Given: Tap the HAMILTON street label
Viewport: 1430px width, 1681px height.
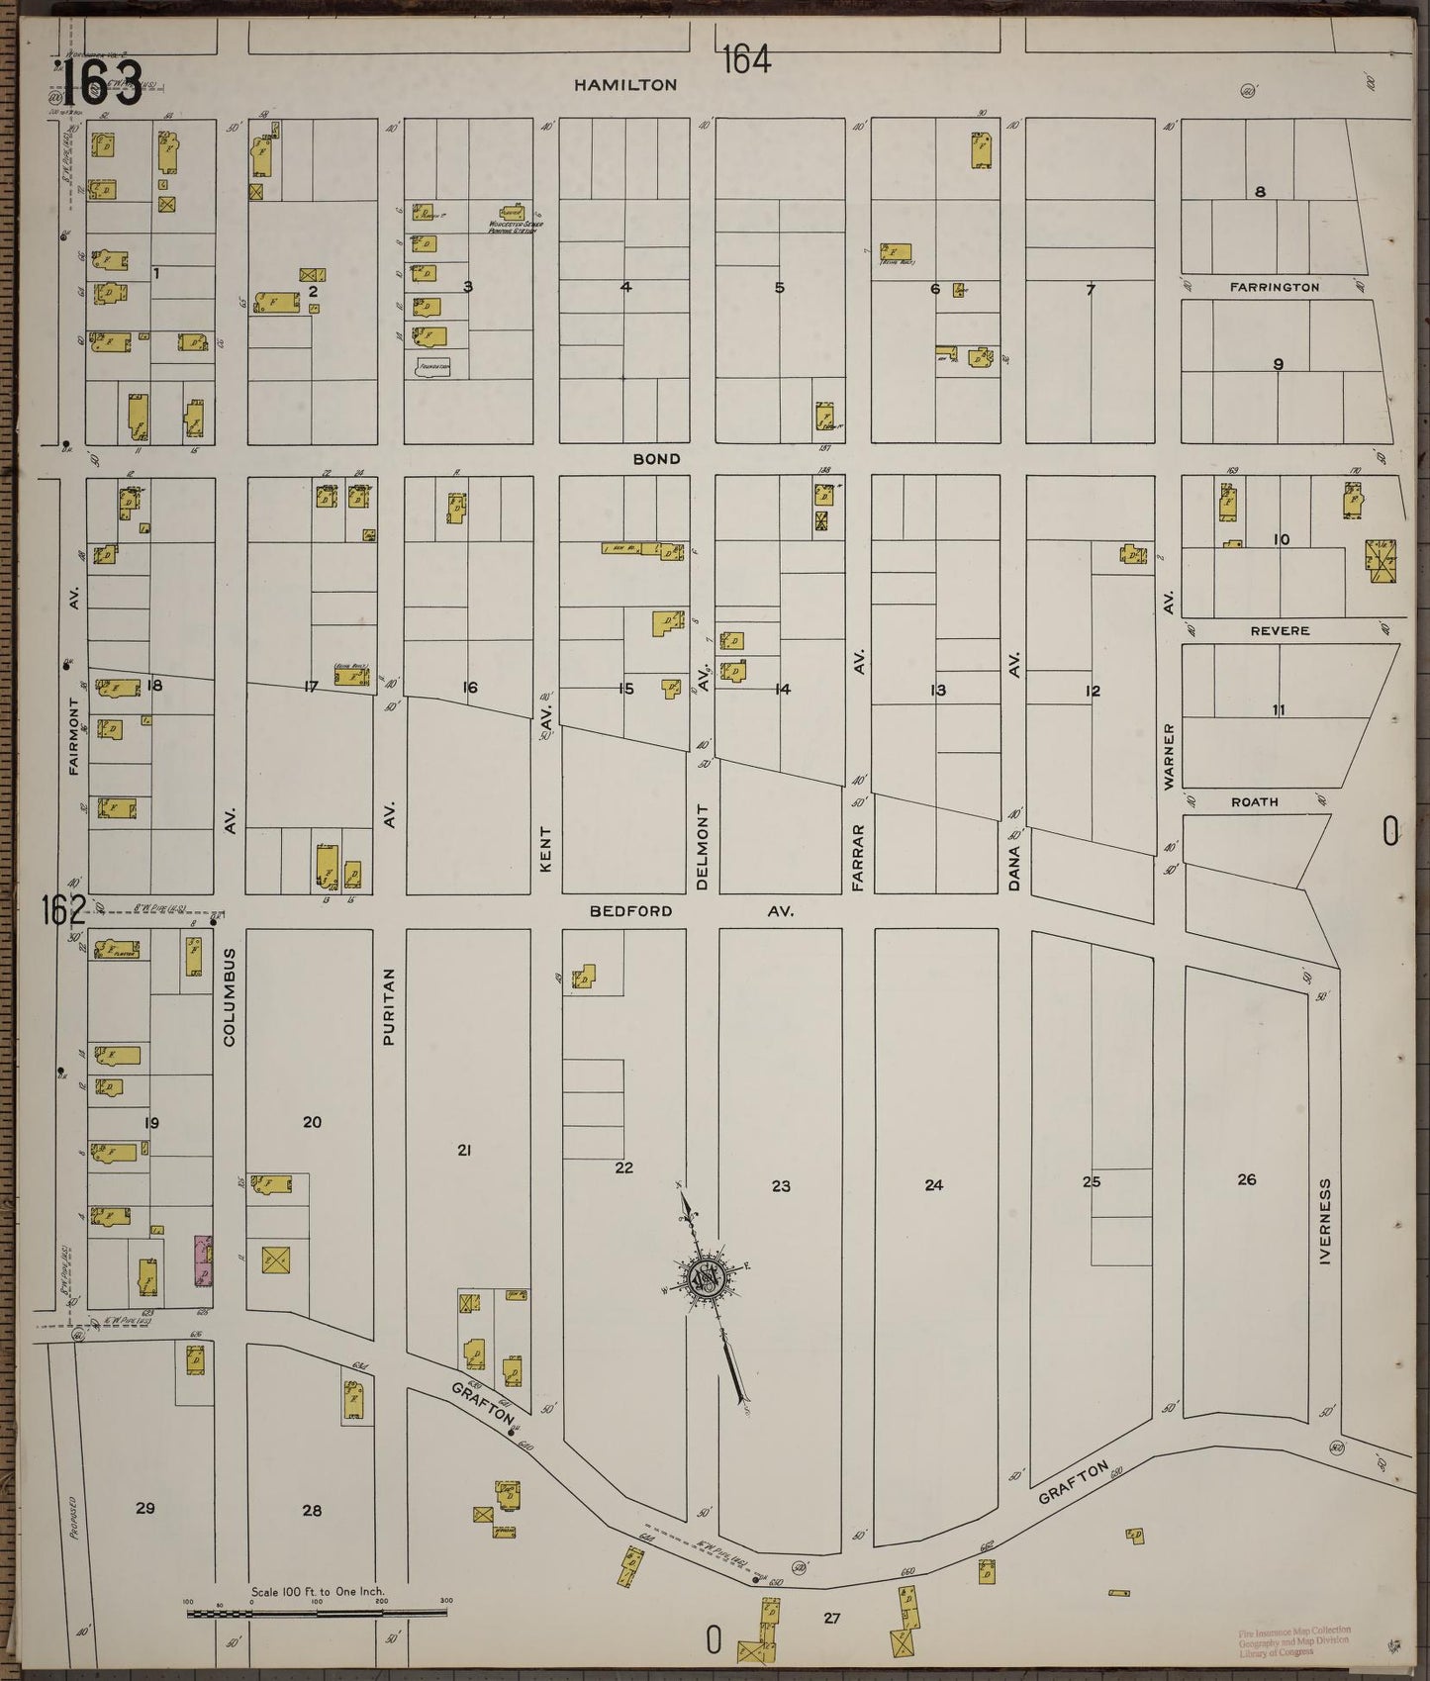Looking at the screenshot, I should coord(626,85).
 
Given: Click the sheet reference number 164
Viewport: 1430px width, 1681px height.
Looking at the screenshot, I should coord(745,60).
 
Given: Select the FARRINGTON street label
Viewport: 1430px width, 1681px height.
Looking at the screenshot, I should coord(1275,287).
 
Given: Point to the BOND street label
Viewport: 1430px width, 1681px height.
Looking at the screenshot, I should coord(657,459).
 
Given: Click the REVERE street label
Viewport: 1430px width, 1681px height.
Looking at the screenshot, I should coord(1280,630).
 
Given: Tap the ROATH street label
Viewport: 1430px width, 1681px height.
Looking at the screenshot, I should coord(1254,801).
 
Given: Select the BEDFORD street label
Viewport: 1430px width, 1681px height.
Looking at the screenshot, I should coord(630,910).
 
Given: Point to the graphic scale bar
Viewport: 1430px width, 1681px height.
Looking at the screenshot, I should coord(317,1613).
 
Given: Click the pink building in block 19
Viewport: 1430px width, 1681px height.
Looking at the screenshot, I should coord(204,1259).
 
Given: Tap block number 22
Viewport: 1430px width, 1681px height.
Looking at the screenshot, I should coord(623,1167).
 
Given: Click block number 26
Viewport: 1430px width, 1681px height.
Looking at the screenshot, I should coord(1246,1179).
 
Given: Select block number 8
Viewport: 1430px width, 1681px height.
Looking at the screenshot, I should coord(1260,192).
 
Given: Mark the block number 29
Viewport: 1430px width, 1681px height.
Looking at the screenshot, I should coord(145,1508).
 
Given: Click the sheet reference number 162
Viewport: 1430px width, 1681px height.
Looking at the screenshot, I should coord(63,909).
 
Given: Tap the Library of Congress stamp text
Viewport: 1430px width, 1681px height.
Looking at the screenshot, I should coord(1293,1640).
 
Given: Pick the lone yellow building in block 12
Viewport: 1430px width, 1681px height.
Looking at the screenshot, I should coord(1132,556).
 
